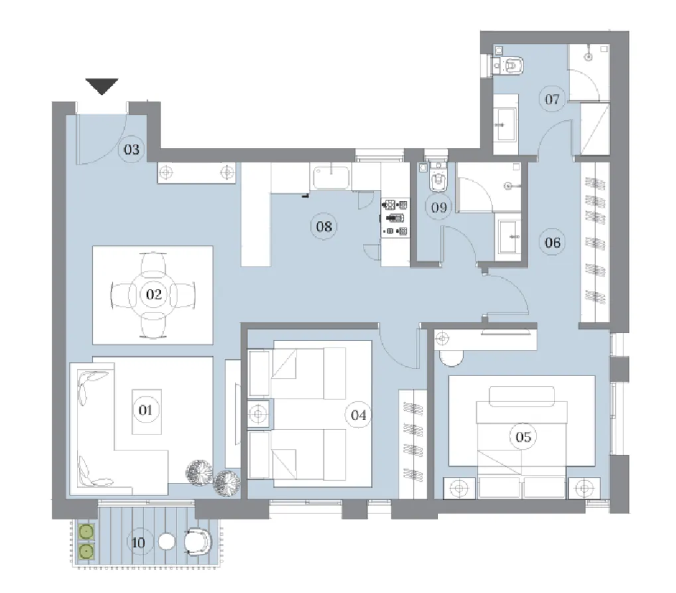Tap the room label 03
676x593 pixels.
(x=131, y=149)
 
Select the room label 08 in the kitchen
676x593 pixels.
(x=323, y=227)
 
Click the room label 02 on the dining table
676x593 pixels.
(x=153, y=293)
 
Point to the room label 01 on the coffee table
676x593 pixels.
(x=146, y=410)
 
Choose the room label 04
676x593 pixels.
(x=358, y=415)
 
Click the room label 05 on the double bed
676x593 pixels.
(x=523, y=436)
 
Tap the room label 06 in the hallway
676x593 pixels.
(x=552, y=243)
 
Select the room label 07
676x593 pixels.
(x=552, y=100)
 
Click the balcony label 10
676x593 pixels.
(x=139, y=543)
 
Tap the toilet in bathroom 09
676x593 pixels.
(x=437, y=178)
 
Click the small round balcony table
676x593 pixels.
(x=167, y=542)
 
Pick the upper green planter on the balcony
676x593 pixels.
(x=86, y=531)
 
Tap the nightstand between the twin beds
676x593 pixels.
(x=258, y=415)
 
